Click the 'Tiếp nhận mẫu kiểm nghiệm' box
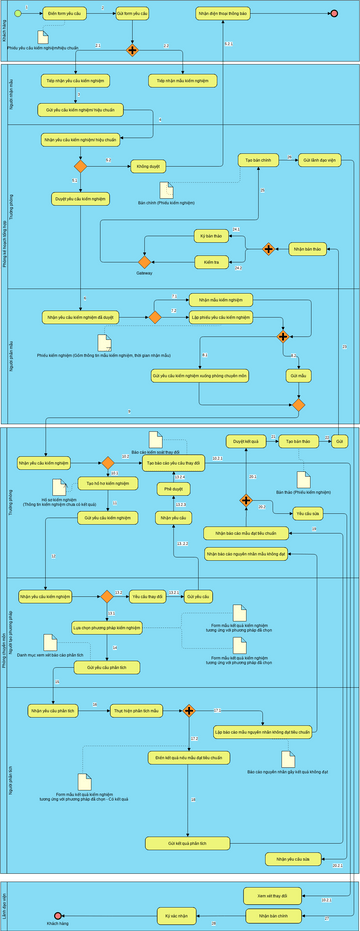tap(186, 81)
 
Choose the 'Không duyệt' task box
tap(148, 167)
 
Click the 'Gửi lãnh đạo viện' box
tap(319, 160)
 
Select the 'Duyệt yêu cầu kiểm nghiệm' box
tap(79, 198)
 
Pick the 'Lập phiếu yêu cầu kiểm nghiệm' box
tap(221, 316)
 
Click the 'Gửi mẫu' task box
tap(297, 376)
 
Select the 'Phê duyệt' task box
tap(175, 489)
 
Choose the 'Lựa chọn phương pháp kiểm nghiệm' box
tap(107, 627)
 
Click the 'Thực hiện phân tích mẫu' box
tap(135, 710)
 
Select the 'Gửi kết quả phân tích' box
tap(187, 844)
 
